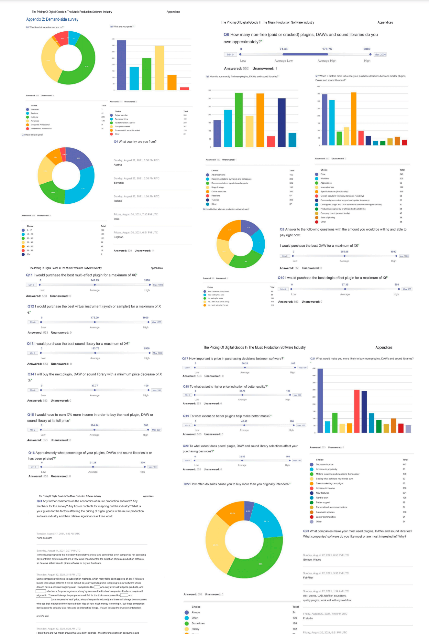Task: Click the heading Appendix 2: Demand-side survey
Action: [52, 19]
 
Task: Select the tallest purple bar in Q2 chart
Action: [121, 65]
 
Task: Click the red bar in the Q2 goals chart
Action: [184, 89]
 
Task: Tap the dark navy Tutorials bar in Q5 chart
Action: [281, 123]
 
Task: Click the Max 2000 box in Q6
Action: [380, 55]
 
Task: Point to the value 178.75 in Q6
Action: [327, 49]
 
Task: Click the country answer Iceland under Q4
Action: [118, 201]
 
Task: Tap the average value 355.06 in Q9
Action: [344, 252]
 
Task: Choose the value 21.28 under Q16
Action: [93, 463]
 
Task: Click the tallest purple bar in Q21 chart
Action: [320, 401]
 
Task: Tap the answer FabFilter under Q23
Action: [308, 577]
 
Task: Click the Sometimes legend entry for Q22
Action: [198, 623]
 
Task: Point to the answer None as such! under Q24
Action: [44, 538]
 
